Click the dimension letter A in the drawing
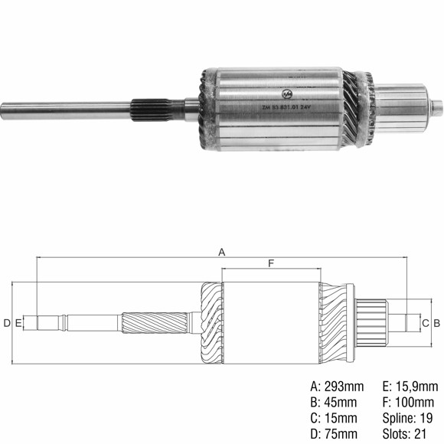point(222,251)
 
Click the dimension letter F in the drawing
point(271,263)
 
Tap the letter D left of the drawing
point(7,323)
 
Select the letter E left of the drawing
point(18,323)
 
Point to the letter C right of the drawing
point(426,323)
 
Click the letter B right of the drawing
point(436,323)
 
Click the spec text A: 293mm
point(337,386)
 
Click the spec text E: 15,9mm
point(410,386)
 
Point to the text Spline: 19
point(407,418)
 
